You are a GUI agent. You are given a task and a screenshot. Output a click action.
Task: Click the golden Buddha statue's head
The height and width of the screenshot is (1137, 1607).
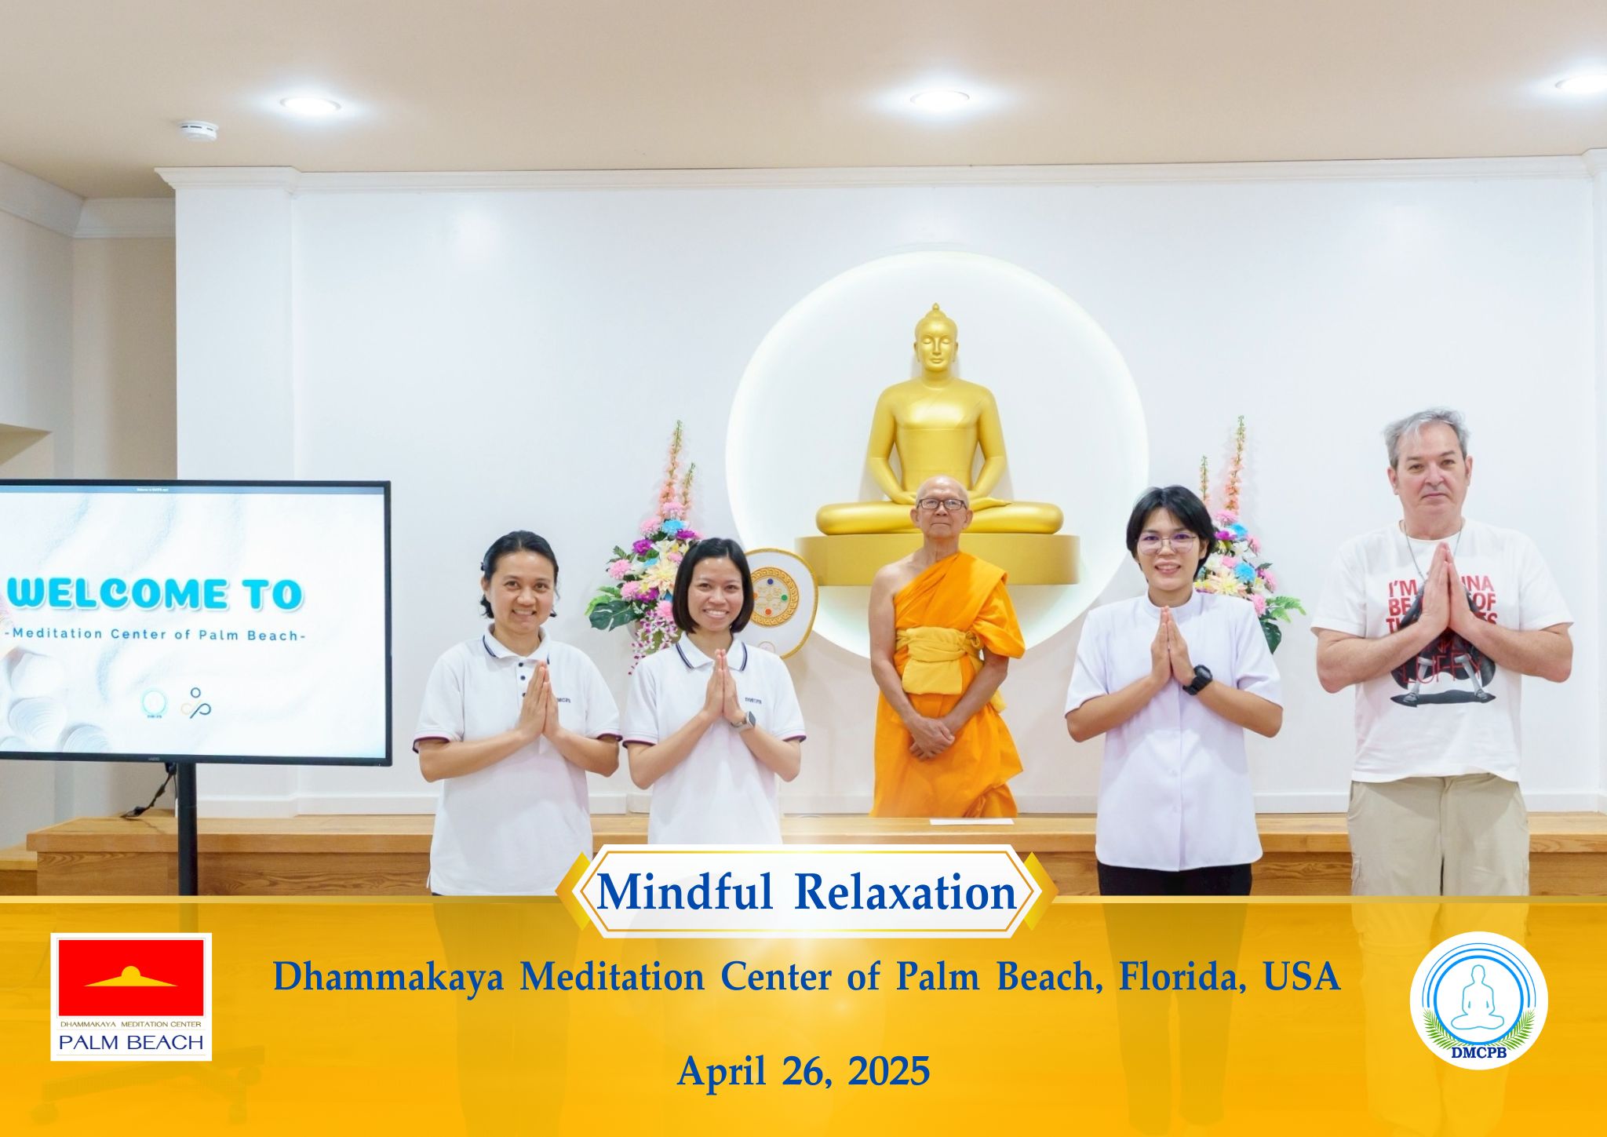pyautogui.click(x=935, y=345)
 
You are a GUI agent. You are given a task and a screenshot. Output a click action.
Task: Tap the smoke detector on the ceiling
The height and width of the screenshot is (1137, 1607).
pyautogui.click(x=188, y=129)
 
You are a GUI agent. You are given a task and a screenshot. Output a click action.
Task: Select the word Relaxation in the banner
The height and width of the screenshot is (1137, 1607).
pyautogui.click(x=906, y=893)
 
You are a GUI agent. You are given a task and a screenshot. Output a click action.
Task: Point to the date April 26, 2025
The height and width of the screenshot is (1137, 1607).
pyautogui.click(x=803, y=1070)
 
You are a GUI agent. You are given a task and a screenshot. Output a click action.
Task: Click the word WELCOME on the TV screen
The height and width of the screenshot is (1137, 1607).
pyautogui.click(x=110, y=594)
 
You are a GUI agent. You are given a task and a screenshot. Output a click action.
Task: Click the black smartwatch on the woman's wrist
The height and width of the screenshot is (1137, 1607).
pyautogui.click(x=1197, y=679)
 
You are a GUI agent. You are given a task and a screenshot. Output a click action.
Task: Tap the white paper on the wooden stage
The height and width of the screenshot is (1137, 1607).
pyautogui.click(x=971, y=822)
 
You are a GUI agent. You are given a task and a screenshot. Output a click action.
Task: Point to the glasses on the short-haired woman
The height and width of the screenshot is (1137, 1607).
pyautogui.click(x=1166, y=542)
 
